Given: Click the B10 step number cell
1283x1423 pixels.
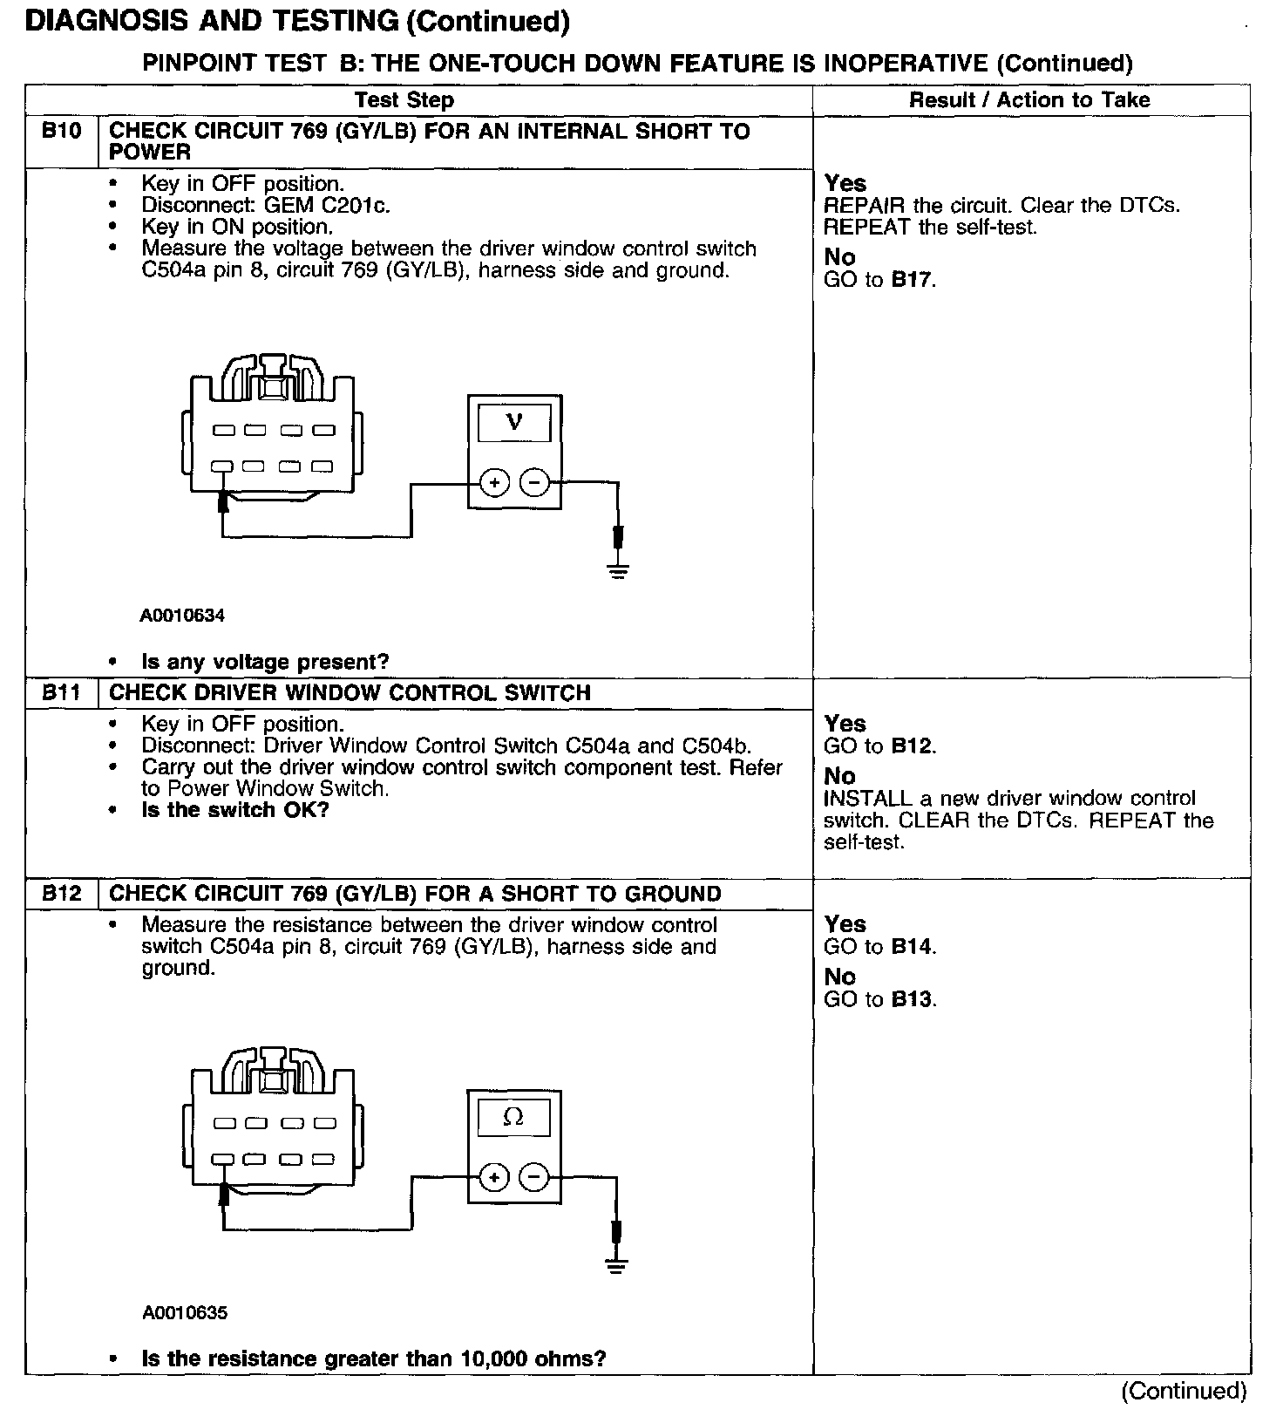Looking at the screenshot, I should click(62, 132).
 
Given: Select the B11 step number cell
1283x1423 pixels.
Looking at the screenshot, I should click(62, 693).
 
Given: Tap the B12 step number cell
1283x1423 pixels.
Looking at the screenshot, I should click(62, 894).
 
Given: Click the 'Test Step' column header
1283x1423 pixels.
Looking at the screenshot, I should click(404, 100).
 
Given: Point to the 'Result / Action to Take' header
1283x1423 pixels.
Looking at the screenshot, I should click(1029, 100).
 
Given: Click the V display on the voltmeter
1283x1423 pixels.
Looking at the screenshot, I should click(514, 423).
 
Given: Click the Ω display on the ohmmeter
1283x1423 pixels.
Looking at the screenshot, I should click(513, 1117).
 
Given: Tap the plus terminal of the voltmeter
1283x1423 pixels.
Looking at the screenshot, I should click(494, 482).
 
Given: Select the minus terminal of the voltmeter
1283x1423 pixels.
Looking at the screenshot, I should click(534, 482).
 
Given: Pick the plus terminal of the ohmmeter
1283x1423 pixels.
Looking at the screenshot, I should click(493, 1178).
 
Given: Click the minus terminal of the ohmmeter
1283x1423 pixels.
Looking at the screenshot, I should click(533, 1178).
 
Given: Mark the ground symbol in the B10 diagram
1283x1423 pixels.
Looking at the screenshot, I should click(619, 572).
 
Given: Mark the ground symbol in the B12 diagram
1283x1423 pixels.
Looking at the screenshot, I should click(617, 1266).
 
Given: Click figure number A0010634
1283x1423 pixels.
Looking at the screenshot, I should click(182, 616).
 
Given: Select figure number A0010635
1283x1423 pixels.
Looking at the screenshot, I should click(184, 1312).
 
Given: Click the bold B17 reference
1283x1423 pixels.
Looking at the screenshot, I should click(913, 280).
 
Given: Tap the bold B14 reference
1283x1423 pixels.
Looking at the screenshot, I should click(913, 947).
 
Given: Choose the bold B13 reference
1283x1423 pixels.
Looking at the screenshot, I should click(913, 999).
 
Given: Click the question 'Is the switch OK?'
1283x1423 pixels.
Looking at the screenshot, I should click(235, 810).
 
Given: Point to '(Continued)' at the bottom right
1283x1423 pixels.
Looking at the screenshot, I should click(1184, 1391).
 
